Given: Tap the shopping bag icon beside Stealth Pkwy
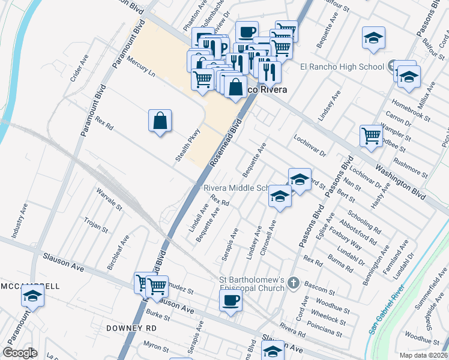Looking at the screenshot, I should (160, 121).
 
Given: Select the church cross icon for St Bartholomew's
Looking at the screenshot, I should (293, 282).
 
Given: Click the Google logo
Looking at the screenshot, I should (20, 353).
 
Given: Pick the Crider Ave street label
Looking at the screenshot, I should (80, 69).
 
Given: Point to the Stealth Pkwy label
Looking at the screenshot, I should (187, 148).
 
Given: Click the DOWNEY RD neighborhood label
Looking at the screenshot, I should (131, 328).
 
